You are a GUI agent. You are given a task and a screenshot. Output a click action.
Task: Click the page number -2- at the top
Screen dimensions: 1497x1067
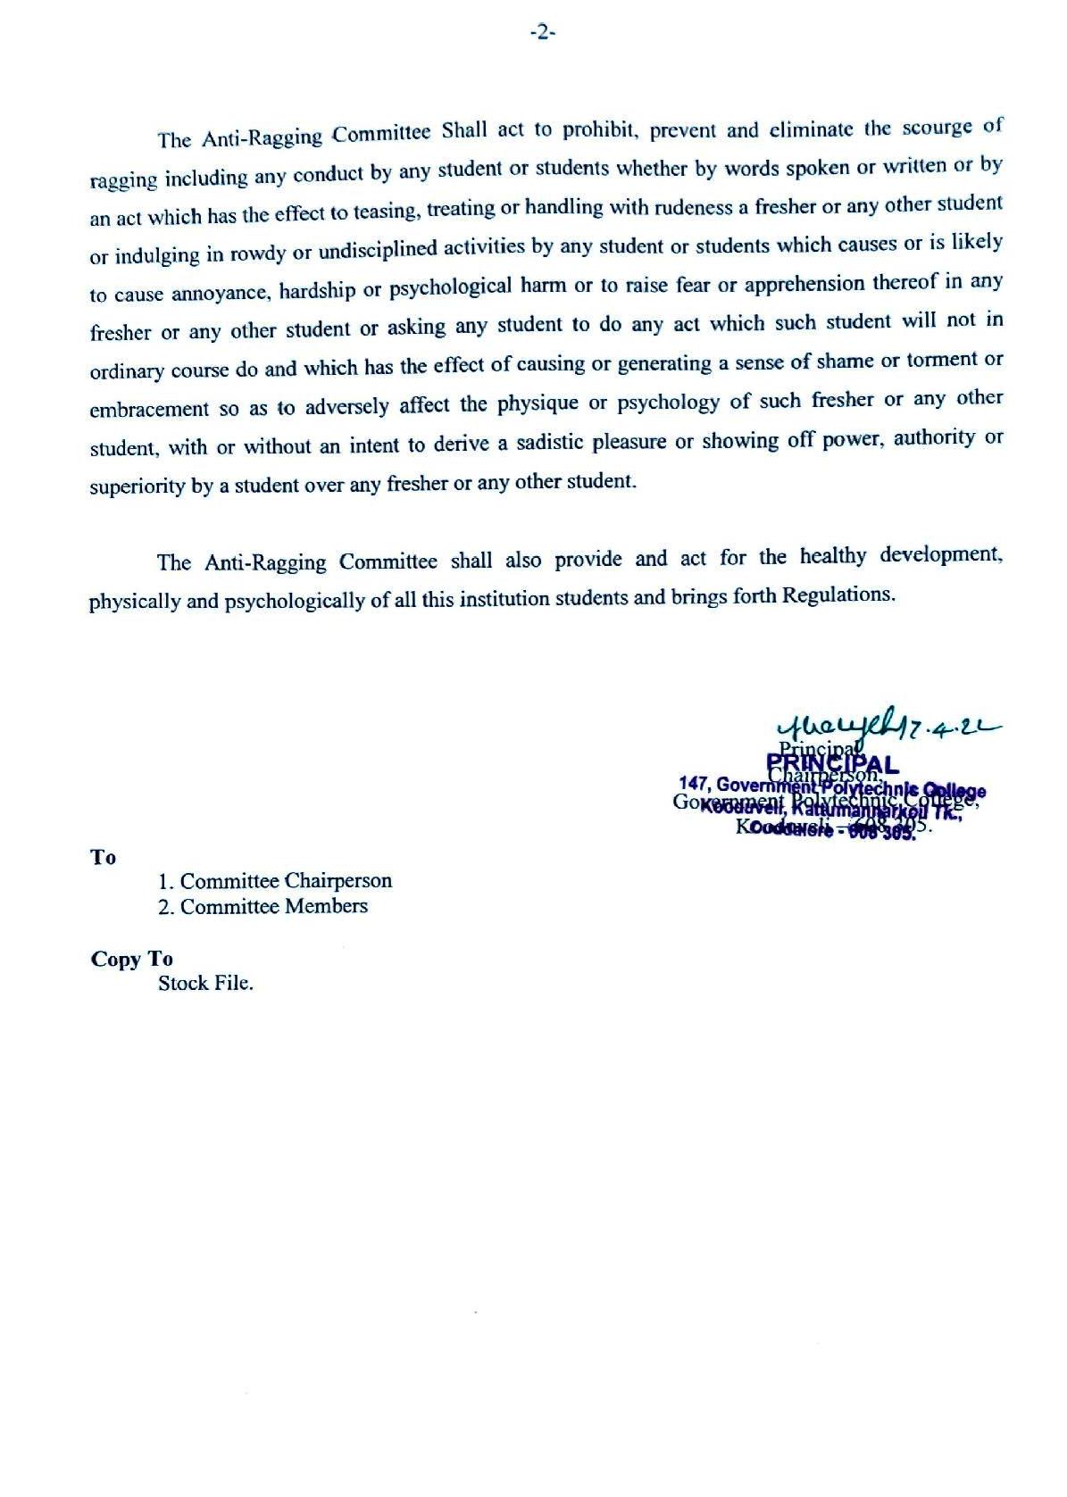click(x=543, y=33)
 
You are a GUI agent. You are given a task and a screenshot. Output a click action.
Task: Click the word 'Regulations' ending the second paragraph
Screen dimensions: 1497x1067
click(x=836, y=594)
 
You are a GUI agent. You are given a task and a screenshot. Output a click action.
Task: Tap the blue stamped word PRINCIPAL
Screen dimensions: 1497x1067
click(x=832, y=765)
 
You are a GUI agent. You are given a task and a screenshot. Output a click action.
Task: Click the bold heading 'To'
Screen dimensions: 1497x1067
click(x=103, y=858)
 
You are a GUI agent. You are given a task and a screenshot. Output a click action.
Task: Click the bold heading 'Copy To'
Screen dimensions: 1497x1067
click(x=131, y=960)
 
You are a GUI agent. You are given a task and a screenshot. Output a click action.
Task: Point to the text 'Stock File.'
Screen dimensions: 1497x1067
click(x=205, y=984)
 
